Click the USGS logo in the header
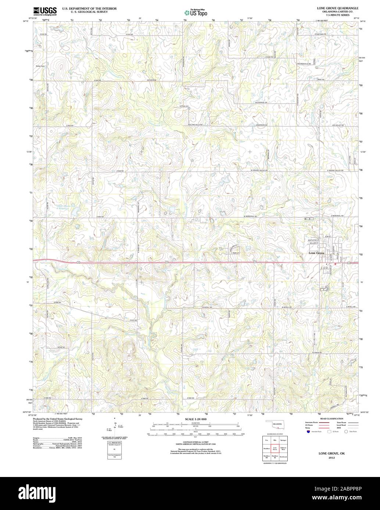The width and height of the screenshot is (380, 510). click(x=45, y=11)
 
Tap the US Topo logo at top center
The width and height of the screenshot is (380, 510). click(x=196, y=12)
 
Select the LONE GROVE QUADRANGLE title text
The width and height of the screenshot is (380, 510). click(x=333, y=8)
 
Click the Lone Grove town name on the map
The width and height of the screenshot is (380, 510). click(x=316, y=253)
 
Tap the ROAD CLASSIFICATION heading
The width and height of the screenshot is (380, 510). click(x=331, y=419)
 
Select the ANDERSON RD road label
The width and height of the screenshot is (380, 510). click(x=261, y=125)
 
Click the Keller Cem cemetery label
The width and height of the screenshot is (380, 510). click(x=40, y=66)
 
